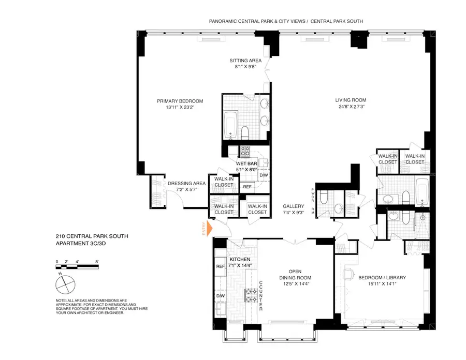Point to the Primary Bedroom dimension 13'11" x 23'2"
point(180,108)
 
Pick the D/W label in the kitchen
point(220,296)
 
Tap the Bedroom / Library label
point(382,277)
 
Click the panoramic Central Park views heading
point(285,22)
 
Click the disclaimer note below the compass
point(90,313)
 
